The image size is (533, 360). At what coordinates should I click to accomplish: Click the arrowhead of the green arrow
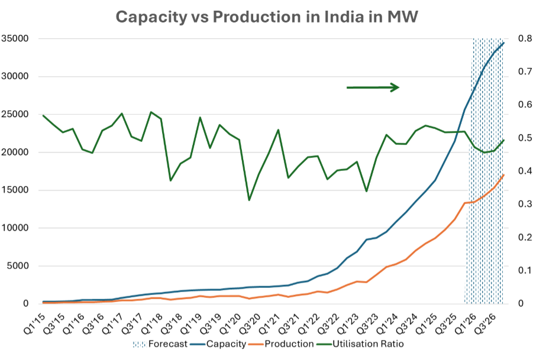(396, 87)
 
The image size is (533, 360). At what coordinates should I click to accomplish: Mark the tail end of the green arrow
(347, 87)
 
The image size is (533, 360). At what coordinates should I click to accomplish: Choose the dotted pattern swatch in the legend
(140, 343)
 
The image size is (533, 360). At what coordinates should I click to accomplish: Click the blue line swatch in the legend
(198, 343)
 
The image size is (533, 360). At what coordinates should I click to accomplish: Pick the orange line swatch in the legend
(256, 343)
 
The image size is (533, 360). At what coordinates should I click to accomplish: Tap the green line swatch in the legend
(324, 343)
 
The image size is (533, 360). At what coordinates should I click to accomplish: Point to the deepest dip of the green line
(249, 200)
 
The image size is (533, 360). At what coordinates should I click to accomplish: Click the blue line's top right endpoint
(505, 41)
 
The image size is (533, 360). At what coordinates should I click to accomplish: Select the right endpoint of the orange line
(505, 174)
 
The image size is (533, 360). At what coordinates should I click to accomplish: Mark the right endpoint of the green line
(505, 140)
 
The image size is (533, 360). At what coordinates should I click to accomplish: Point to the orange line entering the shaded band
(466, 202)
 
